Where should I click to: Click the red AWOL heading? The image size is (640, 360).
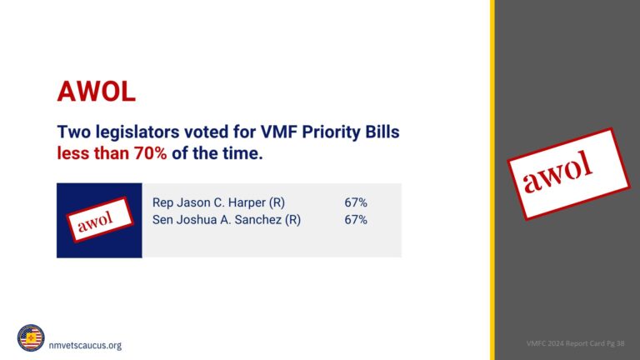pos(96,91)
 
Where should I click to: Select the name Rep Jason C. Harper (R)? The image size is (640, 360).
pos(218,202)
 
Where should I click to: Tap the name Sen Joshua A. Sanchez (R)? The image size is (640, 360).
pos(226,220)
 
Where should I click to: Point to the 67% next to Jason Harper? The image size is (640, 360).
pos(356,202)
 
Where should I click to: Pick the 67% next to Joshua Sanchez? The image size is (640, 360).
pos(356,220)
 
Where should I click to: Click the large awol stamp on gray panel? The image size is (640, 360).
pos(570,173)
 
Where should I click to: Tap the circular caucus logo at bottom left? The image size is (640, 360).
pos(31,338)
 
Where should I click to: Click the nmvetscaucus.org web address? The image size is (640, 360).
pos(85,345)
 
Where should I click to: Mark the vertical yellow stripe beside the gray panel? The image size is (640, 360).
pos(492,180)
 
